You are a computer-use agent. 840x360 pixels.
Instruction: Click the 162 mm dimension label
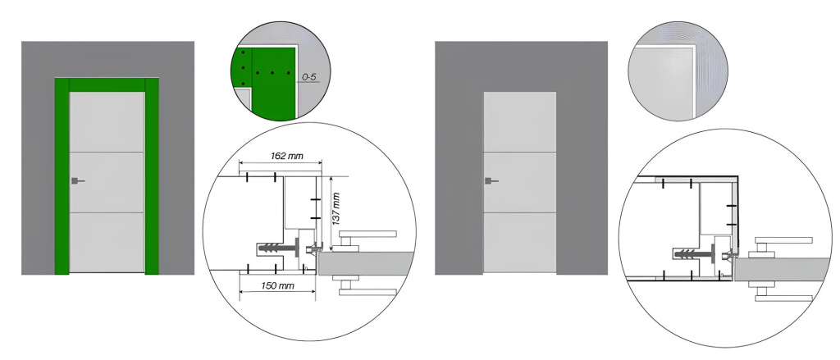[x=281, y=157]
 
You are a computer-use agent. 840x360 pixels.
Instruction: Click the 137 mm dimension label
[x=337, y=208]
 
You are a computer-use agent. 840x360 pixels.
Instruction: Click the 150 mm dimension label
[x=277, y=285]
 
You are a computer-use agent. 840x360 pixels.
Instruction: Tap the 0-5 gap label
[x=308, y=77]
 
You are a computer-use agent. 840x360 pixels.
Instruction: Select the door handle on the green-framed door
[x=77, y=181]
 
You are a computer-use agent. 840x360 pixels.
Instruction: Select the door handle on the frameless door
[x=491, y=181]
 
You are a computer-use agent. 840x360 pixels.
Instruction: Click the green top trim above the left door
[x=107, y=85]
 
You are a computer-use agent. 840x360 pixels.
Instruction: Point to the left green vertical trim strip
[x=62, y=176]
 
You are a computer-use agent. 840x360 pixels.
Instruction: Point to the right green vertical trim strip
[x=152, y=176]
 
